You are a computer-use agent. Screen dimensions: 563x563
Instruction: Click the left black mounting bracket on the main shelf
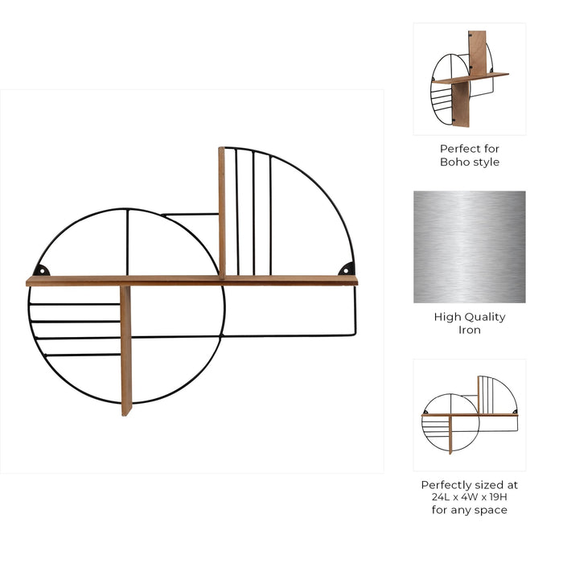42,270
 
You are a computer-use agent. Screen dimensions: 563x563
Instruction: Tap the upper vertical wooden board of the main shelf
222,211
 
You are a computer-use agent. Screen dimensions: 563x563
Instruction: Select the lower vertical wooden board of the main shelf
125,351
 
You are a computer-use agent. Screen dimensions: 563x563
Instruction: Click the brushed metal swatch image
470,247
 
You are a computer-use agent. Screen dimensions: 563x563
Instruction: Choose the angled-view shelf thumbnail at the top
470,79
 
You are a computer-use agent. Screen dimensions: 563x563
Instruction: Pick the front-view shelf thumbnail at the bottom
470,415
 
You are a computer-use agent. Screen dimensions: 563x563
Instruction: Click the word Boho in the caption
454,162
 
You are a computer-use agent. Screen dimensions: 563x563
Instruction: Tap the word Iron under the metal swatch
470,331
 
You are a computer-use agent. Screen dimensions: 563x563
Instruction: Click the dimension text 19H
495,498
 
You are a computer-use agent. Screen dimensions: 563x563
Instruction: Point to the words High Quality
470,317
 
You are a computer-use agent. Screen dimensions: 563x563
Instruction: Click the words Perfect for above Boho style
470,149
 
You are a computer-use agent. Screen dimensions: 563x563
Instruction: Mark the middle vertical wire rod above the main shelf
253,213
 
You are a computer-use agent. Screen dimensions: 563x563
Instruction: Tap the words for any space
470,511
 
